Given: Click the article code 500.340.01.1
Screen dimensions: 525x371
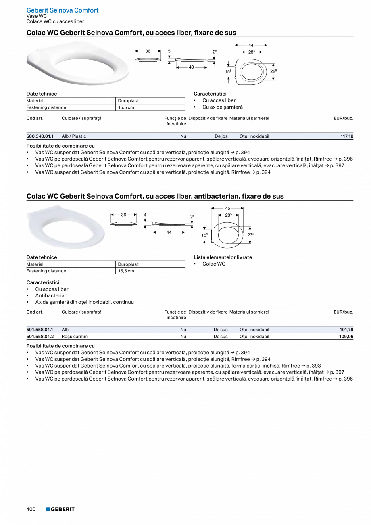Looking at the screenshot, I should tap(40, 136).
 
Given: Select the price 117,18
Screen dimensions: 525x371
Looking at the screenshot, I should tap(347, 136).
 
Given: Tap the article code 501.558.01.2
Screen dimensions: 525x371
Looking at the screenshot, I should tap(40, 336).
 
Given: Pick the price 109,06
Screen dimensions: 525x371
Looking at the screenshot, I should tap(346, 336).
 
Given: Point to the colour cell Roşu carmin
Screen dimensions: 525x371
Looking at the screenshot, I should tap(75, 336).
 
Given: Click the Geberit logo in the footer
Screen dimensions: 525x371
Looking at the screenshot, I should tap(60, 509).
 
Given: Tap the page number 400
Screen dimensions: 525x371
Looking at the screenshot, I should tap(31, 509).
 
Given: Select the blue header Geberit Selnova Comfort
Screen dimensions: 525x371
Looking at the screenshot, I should tap(63, 10).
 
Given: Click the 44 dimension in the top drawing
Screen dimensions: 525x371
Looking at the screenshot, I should tap(251, 45).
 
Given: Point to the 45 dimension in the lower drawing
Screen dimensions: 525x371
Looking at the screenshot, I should tap(227, 208).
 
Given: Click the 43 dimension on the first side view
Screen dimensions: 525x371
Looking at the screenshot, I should tap(192, 67).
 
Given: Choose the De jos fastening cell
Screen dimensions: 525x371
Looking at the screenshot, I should tap(221, 136).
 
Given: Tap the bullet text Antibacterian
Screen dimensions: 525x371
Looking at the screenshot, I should tap(51, 296).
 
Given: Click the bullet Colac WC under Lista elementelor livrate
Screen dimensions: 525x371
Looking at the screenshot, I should tap(214, 264).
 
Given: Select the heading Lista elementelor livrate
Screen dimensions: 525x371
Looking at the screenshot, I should tap(223, 257).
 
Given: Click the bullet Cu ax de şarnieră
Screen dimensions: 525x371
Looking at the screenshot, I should tap(223, 107).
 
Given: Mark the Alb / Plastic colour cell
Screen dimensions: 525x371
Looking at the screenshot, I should tap(74, 136).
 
